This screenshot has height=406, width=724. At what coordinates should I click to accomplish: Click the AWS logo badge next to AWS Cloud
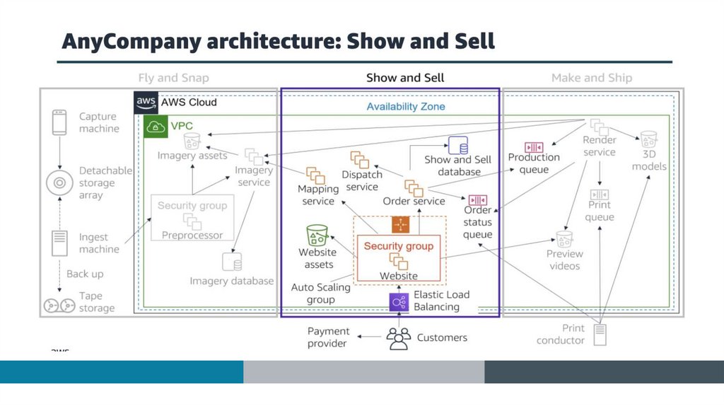[x=146, y=103]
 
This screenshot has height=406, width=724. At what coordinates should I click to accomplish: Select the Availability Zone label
[x=406, y=107]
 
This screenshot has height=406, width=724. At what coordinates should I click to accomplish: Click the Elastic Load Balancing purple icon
[x=399, y=302]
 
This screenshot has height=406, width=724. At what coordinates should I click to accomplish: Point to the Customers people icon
[x=399, y=339]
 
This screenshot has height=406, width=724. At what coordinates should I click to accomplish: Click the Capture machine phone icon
[x=60, y=122]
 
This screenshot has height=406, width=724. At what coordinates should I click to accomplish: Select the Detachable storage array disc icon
[x=60, y=182]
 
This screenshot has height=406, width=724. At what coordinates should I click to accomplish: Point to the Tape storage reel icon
[x=59, y=306]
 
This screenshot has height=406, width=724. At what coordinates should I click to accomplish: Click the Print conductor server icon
[x=600, y=334]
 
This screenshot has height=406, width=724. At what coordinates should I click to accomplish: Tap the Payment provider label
[x=328, y=337]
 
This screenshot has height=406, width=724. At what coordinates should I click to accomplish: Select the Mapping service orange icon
[x=315, y=175]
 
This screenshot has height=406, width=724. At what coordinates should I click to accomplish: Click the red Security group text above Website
[x=399, y=246]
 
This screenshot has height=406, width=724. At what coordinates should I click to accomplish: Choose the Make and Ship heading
[x=592, y=78]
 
